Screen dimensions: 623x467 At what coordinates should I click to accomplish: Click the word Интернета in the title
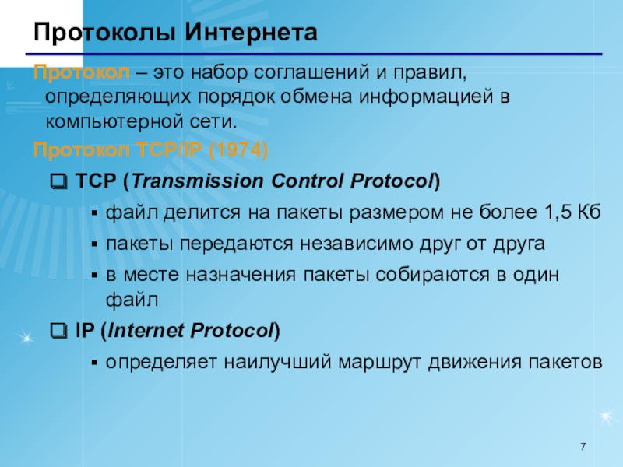[251, 32]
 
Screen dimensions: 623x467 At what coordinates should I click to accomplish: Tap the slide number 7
[583, 447]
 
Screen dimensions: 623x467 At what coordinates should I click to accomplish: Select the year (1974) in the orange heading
[238, 150]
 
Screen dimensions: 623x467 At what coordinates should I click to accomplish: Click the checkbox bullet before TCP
[59, 181]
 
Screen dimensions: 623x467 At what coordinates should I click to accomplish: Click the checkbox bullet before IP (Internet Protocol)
[59, 331]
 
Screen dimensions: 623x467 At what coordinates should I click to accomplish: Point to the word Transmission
[198, 181]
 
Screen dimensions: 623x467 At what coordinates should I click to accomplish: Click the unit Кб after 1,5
[590, 212]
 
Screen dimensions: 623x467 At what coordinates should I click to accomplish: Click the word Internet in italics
[146, 330]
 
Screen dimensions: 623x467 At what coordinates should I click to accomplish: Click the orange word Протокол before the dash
[82, 72]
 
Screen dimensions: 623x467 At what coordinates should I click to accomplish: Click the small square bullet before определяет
[94, 363]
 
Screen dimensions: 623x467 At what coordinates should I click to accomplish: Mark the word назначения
[241, 275]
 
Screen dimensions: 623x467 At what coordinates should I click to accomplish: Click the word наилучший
[277, 363]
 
